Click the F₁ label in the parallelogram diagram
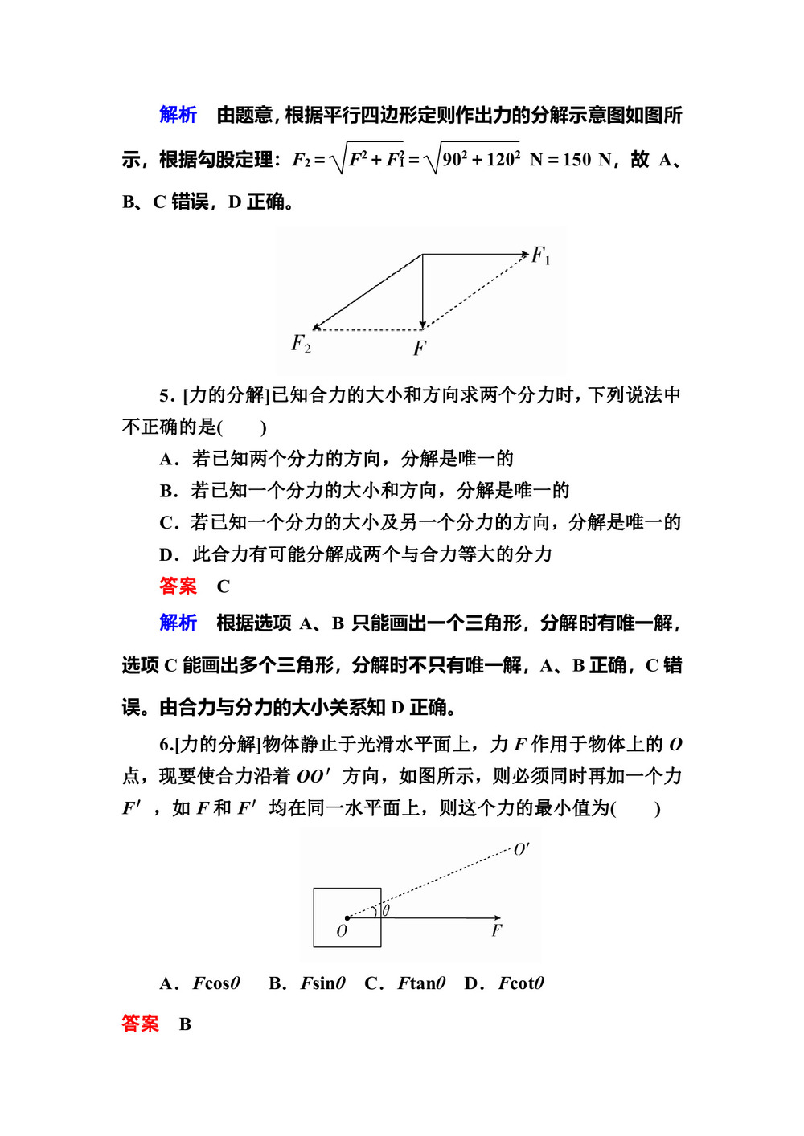click(540, 256)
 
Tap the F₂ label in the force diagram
click(301, 343)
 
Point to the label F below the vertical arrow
click(420, 348)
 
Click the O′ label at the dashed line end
click(522, 849)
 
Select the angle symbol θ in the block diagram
click(387, 910)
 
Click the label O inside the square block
click(342, 931)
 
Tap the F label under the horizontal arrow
click(497, 930)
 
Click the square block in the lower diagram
click(347, 917)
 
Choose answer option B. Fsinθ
click(307, 983)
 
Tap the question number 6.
click(165, 745)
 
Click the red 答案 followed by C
click(178, 586)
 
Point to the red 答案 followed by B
click(140, 1024)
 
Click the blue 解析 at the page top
click(178, 115)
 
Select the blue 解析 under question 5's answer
click(178, 623)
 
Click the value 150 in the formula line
click(576, 160)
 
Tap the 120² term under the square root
click(503, 159)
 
